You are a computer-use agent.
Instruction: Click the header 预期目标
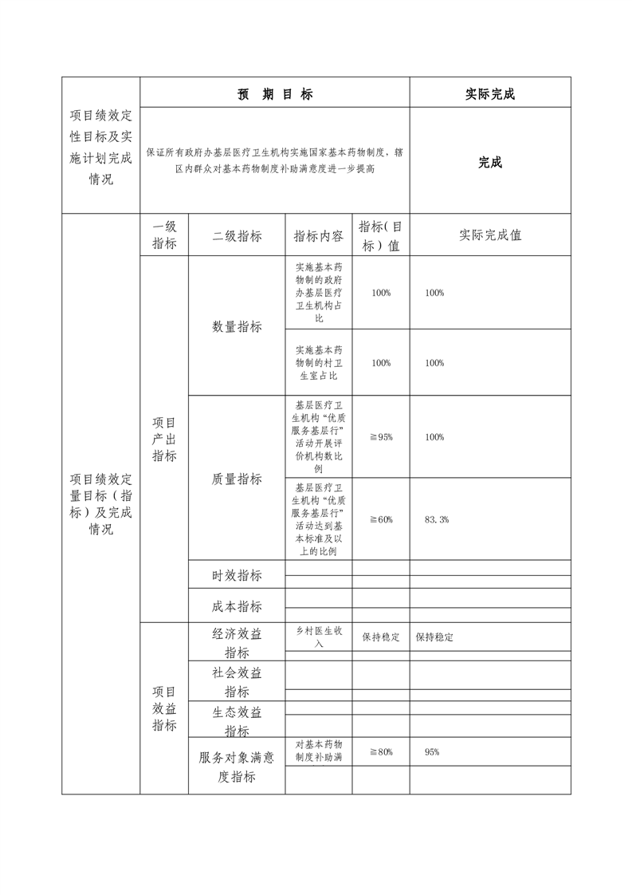tap(275, 94)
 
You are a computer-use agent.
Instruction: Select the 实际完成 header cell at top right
tap(490, 94)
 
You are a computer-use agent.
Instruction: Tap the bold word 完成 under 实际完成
tap(490, 163)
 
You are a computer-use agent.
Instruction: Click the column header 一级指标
tap(164, 235)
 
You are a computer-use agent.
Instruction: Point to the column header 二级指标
tap(237, 236)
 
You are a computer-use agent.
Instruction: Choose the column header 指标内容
tap(318, 236)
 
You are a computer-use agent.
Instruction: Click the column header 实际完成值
tap(490, 235)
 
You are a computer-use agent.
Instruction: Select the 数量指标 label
tap(237, 326)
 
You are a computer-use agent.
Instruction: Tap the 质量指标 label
tap(237, 479)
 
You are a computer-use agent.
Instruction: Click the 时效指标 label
tap(237, 575)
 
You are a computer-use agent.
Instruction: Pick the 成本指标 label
tap(237, 606)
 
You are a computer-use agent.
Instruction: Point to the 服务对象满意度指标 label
tap(237, 767)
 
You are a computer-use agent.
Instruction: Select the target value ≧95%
tap(381, 437)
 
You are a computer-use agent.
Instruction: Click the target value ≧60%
tap(381, 519)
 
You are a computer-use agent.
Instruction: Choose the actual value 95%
tap(432, 751)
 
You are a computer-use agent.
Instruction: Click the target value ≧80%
tap(381, 751)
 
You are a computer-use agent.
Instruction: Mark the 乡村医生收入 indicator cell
tap(318, 637)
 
